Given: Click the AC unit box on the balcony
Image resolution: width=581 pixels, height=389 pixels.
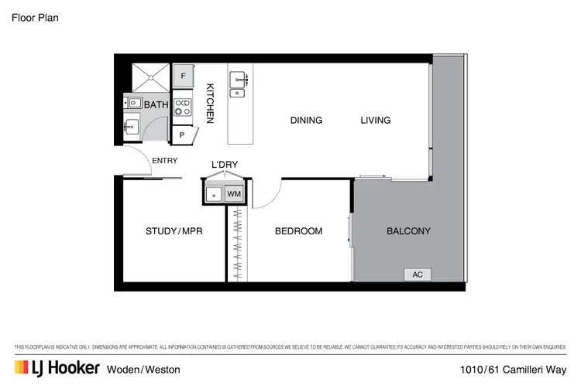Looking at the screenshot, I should pyautogui.click(x=417, y=275).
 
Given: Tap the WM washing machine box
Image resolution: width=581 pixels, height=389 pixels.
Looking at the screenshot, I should pyautogui.click(x=234, y=193).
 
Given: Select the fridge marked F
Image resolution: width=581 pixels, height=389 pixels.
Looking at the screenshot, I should pyautogui.click(x=183, y=76).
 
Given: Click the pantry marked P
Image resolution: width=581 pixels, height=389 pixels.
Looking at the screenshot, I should pyautogui.click(x=183, y=135).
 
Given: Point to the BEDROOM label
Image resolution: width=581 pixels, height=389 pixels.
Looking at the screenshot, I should pyautogui.click(x=298, y=231).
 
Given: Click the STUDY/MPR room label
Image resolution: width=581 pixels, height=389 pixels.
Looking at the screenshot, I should pyautogui.click(x=174, y=231).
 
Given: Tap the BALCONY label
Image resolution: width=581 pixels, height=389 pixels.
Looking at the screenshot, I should pyautogui.click(x=408, y=231).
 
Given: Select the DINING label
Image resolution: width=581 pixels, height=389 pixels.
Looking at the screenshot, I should pyautogui.click(x=306, y=121).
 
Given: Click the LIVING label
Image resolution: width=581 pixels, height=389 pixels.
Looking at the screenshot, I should pyautogui.click(x=375, y=121).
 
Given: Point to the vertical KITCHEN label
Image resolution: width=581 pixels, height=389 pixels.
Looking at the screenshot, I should pyautogui.click(x=209, y=104).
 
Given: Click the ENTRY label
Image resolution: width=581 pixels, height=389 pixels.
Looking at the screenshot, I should pyautogui.click(x=165, y=161).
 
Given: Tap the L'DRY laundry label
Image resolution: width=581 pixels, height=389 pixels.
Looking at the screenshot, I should pyautogui.click(x=225, y=165).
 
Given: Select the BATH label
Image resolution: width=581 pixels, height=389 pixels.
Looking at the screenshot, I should pyautogui.click(x=156, y=104).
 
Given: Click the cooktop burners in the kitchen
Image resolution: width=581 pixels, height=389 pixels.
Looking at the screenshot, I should pyautogui.click(x=182, y=107).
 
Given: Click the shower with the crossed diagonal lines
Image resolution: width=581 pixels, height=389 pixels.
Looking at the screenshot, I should pyautogui.click(x=149, y=75).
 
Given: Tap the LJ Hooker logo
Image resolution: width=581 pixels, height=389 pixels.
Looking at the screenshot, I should pyautogui.click(x=57, y=368).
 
